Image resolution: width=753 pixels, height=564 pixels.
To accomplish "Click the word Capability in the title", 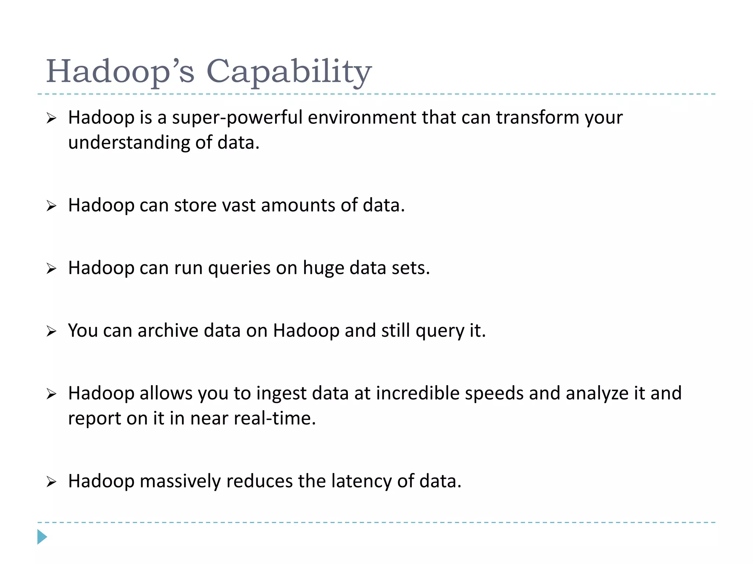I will tap(289, 71).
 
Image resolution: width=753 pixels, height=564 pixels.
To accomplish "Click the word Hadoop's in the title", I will tap(120, 71).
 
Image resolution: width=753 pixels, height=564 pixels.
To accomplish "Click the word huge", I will tap(323, 268).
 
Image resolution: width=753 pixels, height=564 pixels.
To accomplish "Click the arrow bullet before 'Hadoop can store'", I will tap(51, 206).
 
